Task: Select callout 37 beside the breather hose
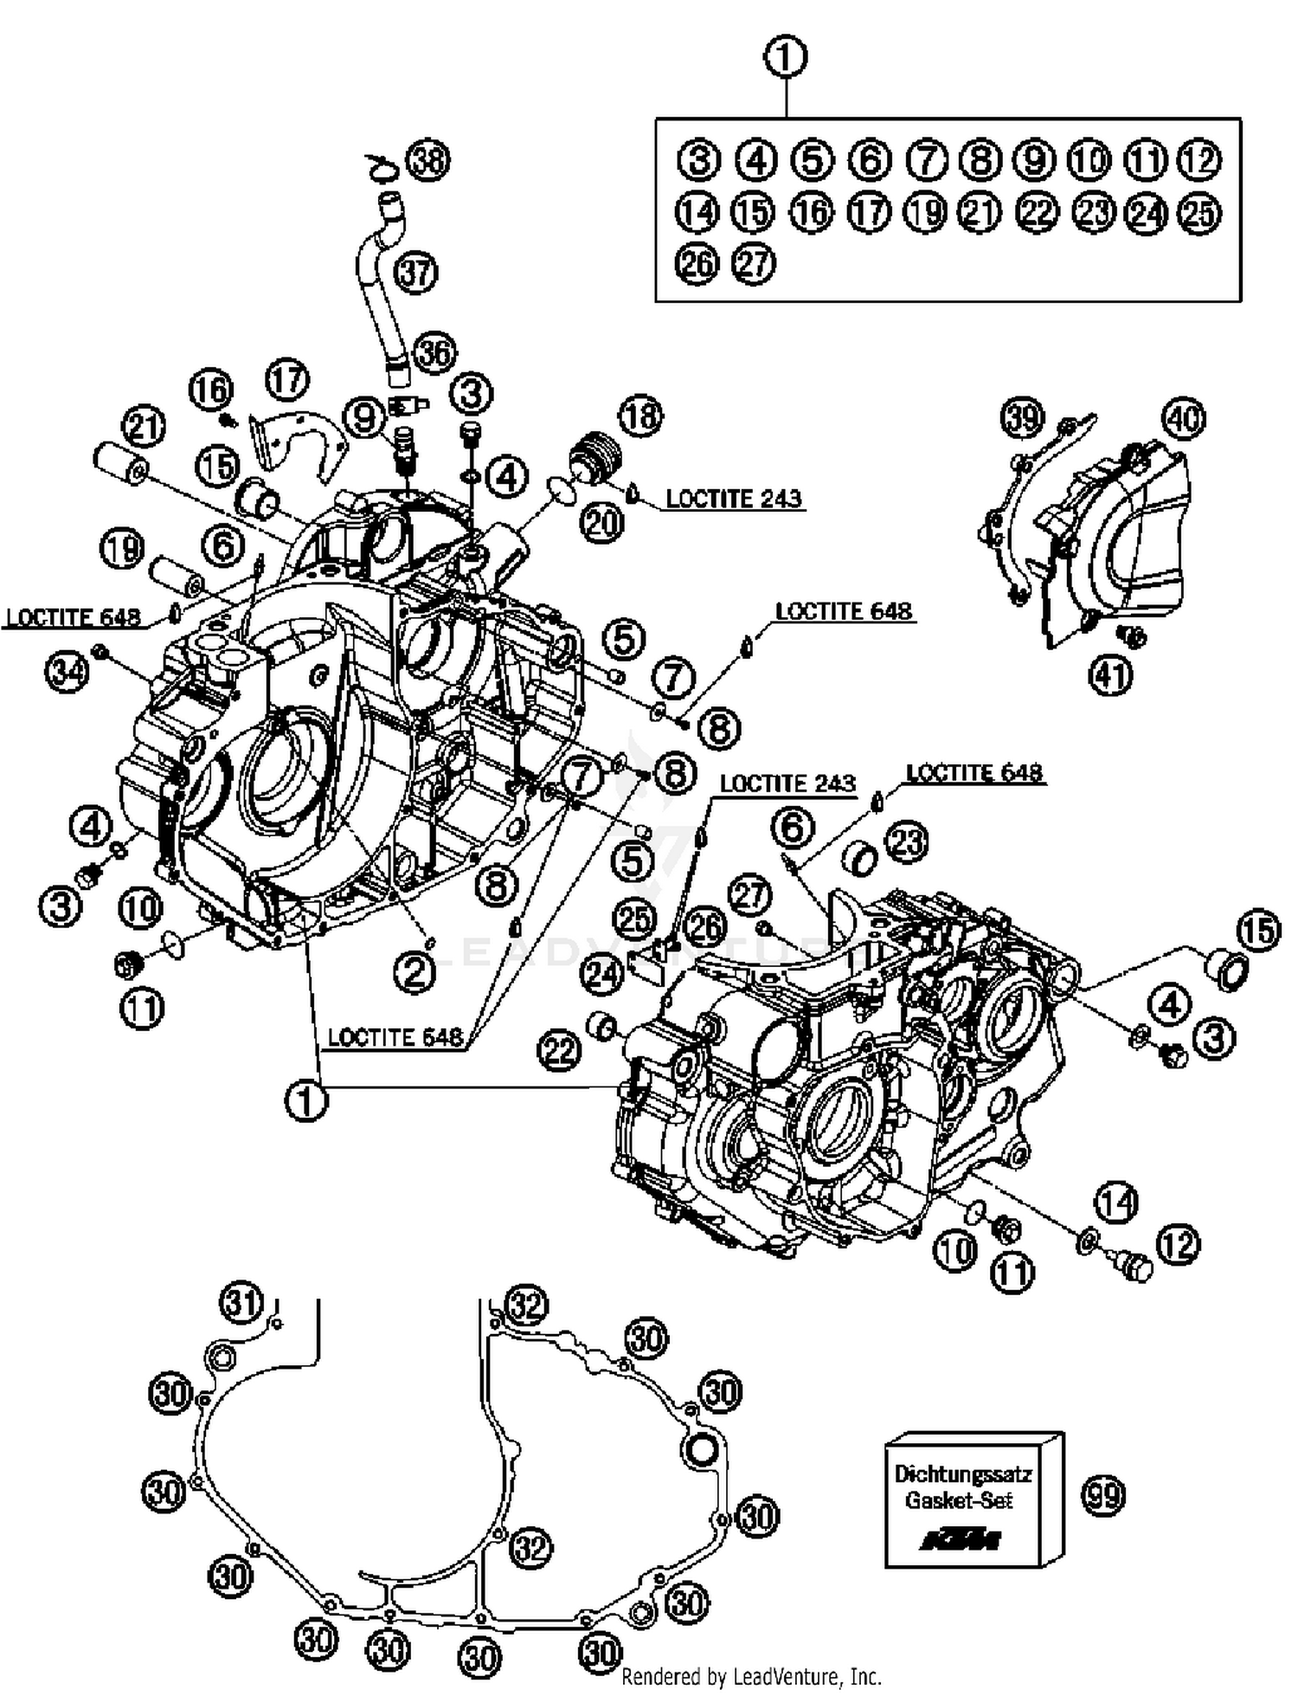(x=416, y=273)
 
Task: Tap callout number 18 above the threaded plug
(x=640, y=416)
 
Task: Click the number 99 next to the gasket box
(x=1103, y=1495)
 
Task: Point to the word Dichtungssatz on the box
(x=962, y=1473)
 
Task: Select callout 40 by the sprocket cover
(x=1184, y=419)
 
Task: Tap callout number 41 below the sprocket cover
(x=1110, y=674)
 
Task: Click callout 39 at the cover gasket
(x=1023, y=418)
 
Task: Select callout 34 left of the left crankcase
(x=67, y=671)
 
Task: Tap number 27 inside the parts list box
(x=753, y=263)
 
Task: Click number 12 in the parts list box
(x=1200, y=160)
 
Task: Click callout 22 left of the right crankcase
(x=559, y=1051)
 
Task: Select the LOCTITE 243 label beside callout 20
(x=734, y=499)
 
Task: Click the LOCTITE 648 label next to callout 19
(x=73, y=617)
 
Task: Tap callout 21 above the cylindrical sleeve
(x=144, y=427)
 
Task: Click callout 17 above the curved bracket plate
(x=287, y=379)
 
